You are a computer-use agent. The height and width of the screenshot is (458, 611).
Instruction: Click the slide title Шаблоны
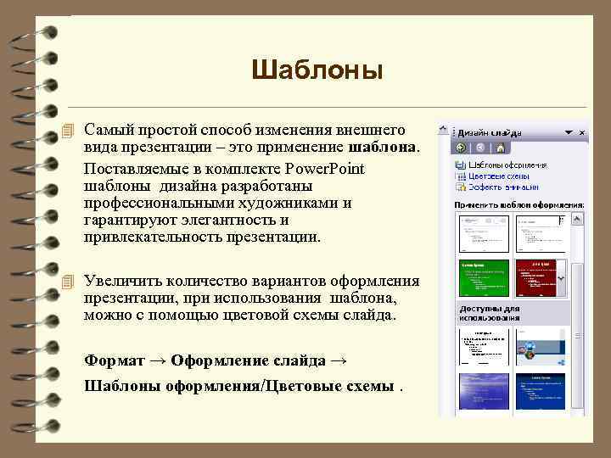tap(317, 70)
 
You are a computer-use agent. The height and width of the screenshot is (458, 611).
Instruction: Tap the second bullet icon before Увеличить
tap(70, 282)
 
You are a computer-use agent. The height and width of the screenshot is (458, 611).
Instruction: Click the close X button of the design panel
tap(581, 133)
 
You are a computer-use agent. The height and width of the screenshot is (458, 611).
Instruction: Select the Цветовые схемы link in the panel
tap(497, 176)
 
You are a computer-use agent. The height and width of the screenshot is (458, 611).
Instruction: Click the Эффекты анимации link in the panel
tap(500, 187)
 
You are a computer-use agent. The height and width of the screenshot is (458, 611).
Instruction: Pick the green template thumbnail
tap(483, 277)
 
